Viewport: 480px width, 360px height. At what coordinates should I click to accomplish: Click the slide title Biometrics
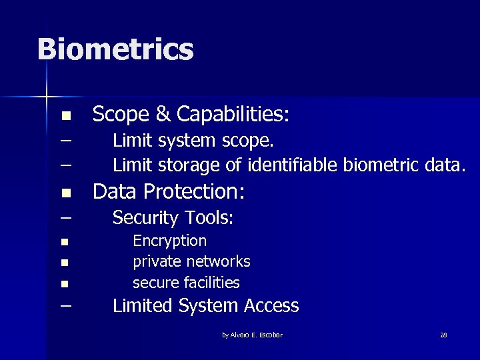click(x=115, y=49)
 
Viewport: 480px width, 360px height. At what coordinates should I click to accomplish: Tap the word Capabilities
click(x=233, y=115)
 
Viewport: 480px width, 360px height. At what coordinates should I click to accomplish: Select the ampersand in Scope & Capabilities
click(x=163, y=115)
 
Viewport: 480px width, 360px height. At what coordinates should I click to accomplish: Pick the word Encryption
click(x=170, y=241)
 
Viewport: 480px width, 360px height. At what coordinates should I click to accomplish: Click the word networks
click(x=219, y=261)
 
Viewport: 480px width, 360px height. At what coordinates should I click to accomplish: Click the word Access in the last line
click(x=271, y=306)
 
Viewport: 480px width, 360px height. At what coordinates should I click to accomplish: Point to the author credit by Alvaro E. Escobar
click(x=252, y=335)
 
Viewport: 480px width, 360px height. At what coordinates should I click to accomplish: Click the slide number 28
click(x=443, y=335)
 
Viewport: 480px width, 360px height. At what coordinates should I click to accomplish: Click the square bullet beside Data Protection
click(x=65, y=194)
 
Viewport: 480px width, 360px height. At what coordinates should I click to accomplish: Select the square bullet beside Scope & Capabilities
click(x=65, y=116)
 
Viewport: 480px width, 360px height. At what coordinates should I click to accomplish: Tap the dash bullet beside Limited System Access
click(x=65, y=306)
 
